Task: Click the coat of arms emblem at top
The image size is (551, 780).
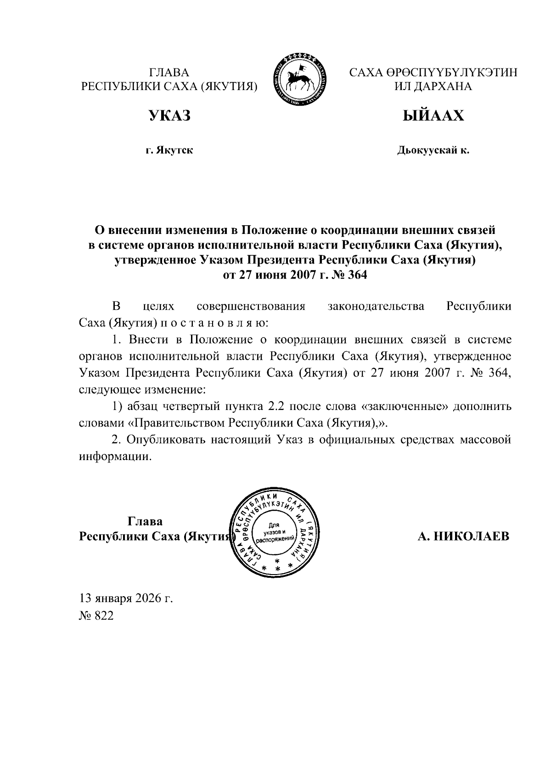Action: point(302,80)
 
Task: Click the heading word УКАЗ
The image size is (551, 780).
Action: point(169,116)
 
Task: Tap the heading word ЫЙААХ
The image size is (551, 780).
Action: point(433,116)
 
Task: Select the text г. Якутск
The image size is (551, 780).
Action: point(169,150)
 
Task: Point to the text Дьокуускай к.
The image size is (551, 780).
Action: point(433,150)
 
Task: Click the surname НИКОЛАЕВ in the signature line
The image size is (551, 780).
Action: point(473,536)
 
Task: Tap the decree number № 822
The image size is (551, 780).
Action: point(96,616)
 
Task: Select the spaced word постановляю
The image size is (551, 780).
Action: point(212,323)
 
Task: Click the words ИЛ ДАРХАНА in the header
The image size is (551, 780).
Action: point(433,86)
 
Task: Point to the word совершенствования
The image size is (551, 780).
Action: point(251,307)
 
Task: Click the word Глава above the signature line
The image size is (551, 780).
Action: point(145,522)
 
